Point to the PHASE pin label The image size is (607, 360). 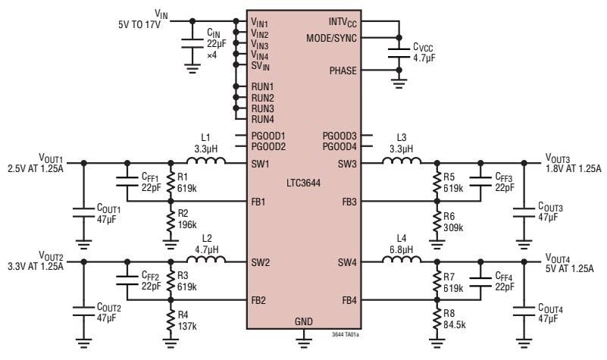343,70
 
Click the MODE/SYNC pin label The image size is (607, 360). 332,38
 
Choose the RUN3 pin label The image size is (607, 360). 262,108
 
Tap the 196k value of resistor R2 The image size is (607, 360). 188,225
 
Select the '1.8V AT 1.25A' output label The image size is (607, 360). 573,169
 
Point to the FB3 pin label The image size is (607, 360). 349,202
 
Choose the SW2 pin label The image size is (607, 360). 260,263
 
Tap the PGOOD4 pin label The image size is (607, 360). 339,146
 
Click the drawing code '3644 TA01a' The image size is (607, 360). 344,333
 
